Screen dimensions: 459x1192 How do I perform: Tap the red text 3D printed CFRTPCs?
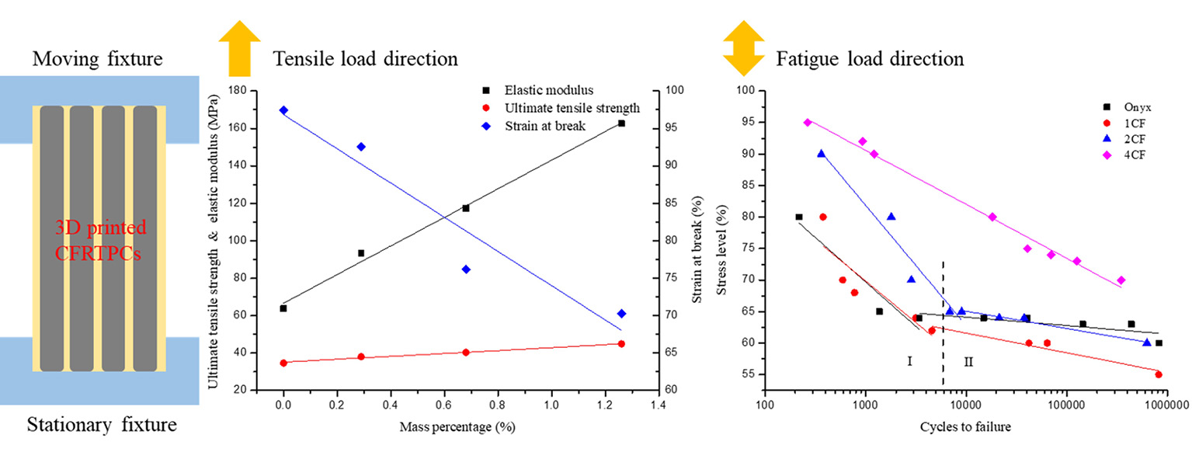(100, 242)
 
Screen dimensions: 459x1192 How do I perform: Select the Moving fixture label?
(97, 59)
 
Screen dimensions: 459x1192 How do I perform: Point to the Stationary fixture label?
(102, 426)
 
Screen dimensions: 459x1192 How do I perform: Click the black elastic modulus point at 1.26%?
(621, 123)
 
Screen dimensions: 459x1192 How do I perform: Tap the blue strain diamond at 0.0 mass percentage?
(283, 110)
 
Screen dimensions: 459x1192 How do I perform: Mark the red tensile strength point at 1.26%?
(621, 343)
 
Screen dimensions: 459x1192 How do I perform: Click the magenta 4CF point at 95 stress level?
(808, 122)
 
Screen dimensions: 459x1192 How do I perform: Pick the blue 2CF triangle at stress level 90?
(821, 154)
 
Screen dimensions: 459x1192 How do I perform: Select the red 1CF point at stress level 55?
(1159, 374)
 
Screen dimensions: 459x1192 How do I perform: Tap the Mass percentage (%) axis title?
(457, 427)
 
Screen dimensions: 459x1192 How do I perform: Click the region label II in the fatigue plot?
(968, 361)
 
